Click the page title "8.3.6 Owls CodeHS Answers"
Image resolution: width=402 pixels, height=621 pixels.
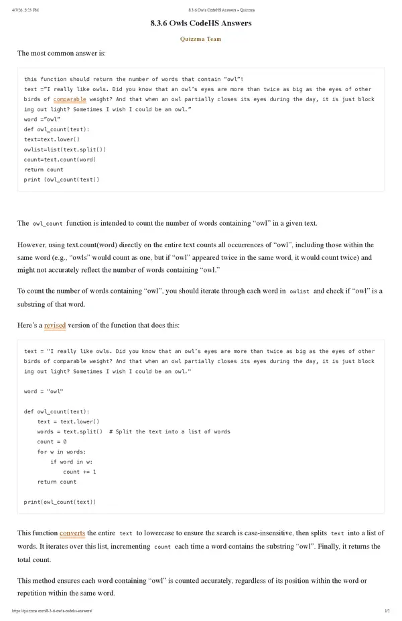pyautogui.click(x=201, y=23)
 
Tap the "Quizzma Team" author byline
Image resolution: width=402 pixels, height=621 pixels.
pyautogui.click(x=201, y=39)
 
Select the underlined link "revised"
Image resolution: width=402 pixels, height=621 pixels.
pyautogui.click(x=55, y=326)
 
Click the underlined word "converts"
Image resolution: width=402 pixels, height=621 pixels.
pyautogui.click(x=72, y=533)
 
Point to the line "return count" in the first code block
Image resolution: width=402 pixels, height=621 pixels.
pyautogui.click(x=44, y=169)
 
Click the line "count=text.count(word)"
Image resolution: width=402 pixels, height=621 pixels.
pyautogui.click(x=60, y=159)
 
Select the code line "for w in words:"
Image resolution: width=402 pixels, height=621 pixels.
pyautogui.click(x=62, y=452)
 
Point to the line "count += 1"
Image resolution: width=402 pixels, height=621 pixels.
pyautogui.click(x=79, y=472)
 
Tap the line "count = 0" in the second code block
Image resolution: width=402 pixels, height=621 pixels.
pyautogui.click(x=52, y=441)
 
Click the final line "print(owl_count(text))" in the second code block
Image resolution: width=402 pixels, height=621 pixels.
pyautogui.click(x=60, y=502)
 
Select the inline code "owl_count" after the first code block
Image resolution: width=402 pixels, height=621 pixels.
pyautogui.click(x=48, y=224)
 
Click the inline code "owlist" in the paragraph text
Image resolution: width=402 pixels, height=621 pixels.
pyautogui.click(x=299, y=292)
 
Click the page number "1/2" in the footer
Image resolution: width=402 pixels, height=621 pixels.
pyautogui.click(x=387, y=611)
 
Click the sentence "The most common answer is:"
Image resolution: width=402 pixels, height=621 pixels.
pyautogui.click(x=61, y=53)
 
